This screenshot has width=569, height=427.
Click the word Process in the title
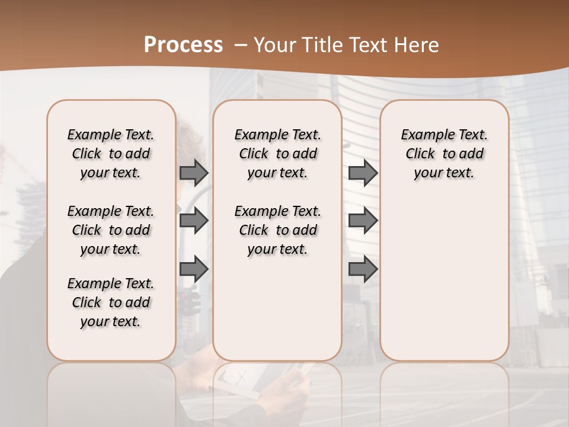(x=183, y=45)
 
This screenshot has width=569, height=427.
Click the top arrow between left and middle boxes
(x=194, y=173)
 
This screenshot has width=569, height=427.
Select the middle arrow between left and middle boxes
(x=194, y=221)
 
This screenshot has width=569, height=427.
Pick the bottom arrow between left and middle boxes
(x=194, y=269)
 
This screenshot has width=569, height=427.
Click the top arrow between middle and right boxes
(x=363, y=173)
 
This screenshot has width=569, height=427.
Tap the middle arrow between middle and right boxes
(x=363, y=221)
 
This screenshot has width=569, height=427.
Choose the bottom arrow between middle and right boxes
(x=363, y=269)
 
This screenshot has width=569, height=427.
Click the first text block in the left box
(x=111, y=154)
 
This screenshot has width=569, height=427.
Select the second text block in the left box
(x=111, y=230)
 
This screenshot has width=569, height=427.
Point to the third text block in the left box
(x=111, y=302)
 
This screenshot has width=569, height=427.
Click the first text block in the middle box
(x=278, y=154)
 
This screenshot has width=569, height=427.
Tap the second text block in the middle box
(x=278, y=230)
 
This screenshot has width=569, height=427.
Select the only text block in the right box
(x=445, y=154)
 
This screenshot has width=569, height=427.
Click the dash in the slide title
(x=241, y=45)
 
